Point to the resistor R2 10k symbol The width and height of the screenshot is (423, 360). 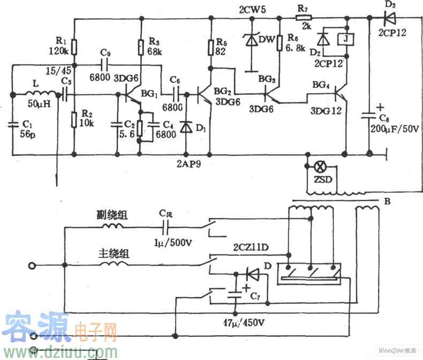[74, 118]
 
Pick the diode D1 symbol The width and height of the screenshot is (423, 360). [186, 127]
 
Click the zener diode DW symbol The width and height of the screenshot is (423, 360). [250, 40]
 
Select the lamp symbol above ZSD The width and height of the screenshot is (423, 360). [321, 166]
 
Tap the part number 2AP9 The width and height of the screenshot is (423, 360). [187, 159]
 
